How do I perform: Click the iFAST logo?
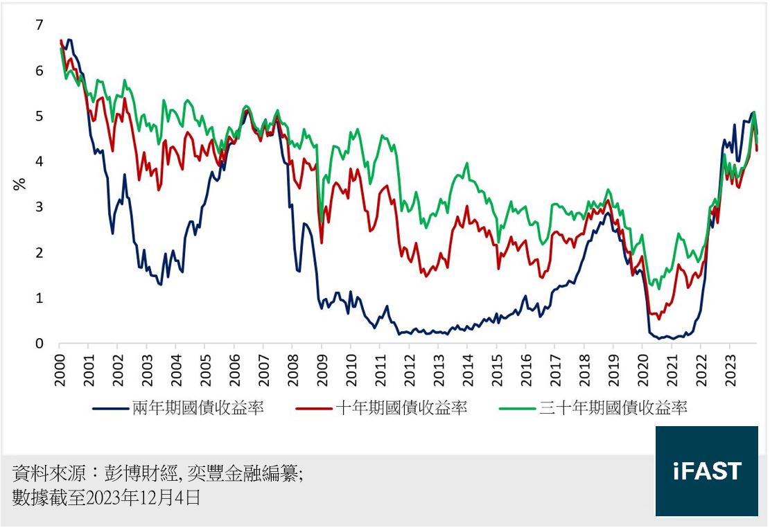(706, 471)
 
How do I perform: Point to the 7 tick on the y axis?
(40, 25)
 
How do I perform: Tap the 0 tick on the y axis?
(40, 344)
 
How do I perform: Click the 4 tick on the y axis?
(40, 161)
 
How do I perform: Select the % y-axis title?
(19, 184)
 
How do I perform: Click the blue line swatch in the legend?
(111, 408)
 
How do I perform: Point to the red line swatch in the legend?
(314, 408)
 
